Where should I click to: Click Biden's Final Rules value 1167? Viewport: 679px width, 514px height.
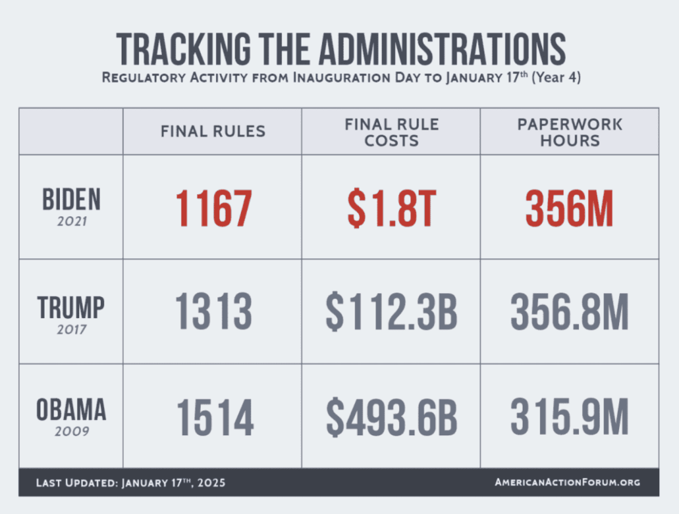(213, 208)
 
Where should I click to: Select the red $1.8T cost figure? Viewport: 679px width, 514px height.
(392, 208)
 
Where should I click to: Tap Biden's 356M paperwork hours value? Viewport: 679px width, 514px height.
(569, 208)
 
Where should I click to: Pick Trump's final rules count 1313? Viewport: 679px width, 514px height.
(213, 312)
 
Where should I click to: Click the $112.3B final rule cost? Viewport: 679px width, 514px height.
(392, 312)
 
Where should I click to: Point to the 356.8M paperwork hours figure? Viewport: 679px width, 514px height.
(569, 312)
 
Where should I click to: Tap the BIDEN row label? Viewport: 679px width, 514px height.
(71, 200)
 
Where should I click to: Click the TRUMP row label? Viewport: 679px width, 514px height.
(71, 308)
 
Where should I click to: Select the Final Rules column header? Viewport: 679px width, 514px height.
(213, 131)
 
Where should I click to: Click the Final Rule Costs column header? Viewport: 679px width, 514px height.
(392, 132)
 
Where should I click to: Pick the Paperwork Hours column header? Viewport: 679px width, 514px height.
(569, 132)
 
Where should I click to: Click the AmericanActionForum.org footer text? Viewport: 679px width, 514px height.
(568, 482)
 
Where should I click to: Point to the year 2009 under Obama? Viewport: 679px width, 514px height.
(72, 432)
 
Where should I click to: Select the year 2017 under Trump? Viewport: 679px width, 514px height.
(72, 329)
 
